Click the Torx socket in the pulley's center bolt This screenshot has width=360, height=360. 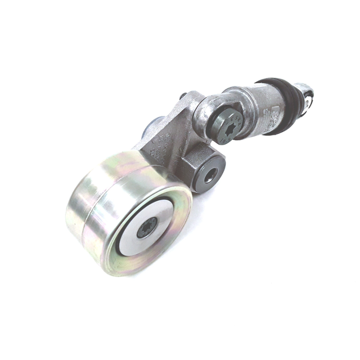[x=147, y=227]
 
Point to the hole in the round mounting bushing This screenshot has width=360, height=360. [x=209, y=176]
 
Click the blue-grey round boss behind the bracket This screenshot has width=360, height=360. [x=152, y=127]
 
